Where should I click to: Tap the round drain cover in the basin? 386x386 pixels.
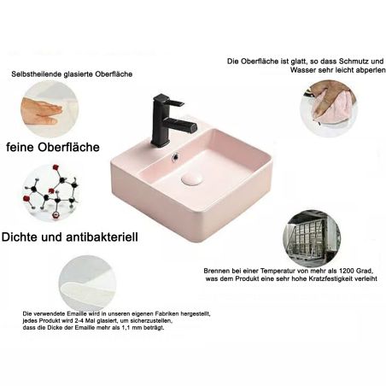pos(191,179)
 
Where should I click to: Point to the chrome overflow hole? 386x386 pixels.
pos(175,156)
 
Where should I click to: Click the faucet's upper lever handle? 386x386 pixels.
pos(170,100)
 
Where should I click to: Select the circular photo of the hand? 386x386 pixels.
pos(50,109)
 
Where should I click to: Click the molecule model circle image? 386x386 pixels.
pos(51,192)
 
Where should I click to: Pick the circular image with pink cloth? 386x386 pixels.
pos(329,108)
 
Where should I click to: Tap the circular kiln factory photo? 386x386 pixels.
pos(312,238)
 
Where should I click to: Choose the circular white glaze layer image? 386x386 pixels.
pos(87,283)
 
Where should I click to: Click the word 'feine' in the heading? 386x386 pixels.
pos(20,147)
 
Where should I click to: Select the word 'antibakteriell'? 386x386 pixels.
pos(102,237)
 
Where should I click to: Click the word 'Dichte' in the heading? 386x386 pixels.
pos(20,237)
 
